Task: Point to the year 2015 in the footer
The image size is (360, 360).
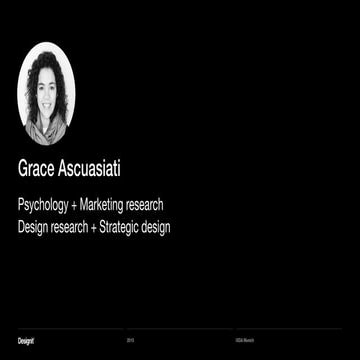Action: (131, 341)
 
